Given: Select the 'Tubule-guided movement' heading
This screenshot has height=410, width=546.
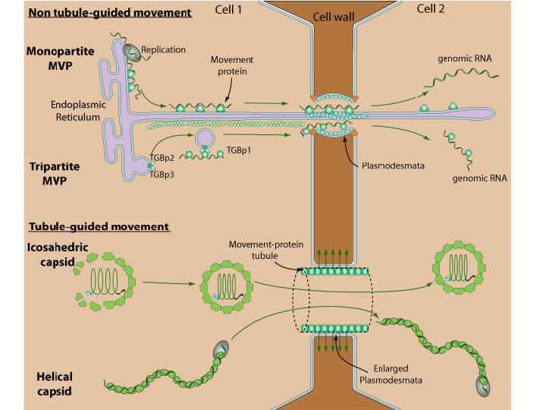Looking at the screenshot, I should (x=99, y=226).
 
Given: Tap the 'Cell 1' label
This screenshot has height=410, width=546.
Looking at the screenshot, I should (x=241, y=11).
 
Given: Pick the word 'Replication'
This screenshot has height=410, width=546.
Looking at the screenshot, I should (x=163, y=50).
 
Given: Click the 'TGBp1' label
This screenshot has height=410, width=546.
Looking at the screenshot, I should (x=239, y=150).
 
